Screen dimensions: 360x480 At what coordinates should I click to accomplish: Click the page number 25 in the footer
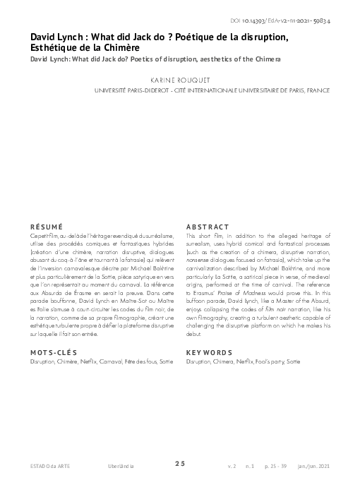click(180, 463)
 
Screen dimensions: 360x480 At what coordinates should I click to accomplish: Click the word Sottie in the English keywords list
click(294, 361)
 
